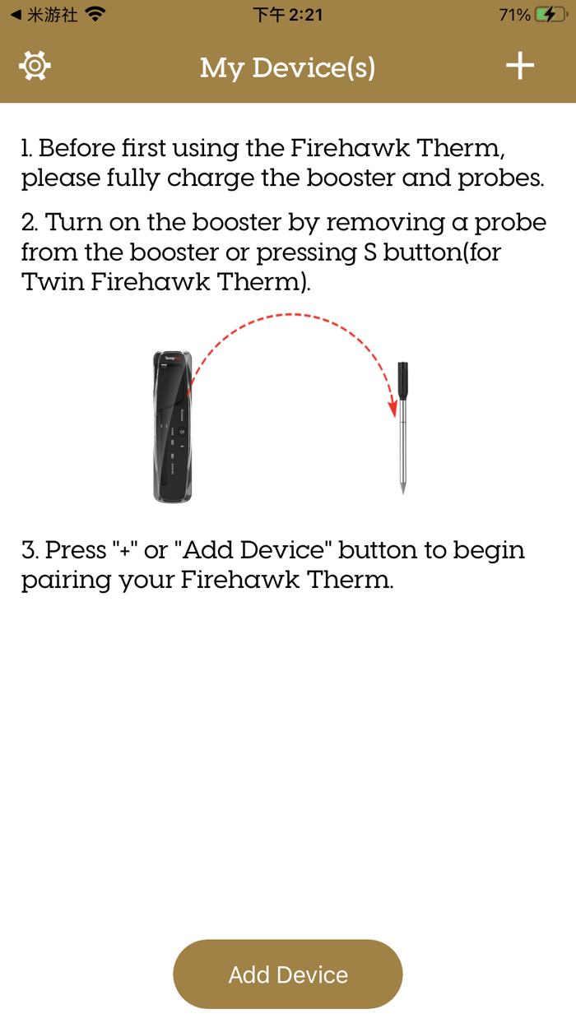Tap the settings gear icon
coord(35,66)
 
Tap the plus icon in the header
coord(520,66)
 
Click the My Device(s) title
coord(288,67)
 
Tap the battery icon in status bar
coord(549,15)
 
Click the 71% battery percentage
coord(514,15)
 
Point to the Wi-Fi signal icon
coord(95,15)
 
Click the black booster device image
coord(172,426)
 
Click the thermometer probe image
coord(402,428)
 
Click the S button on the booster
coord(182,431)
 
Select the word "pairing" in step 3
coord(66,580)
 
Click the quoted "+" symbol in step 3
coord(125,549)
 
